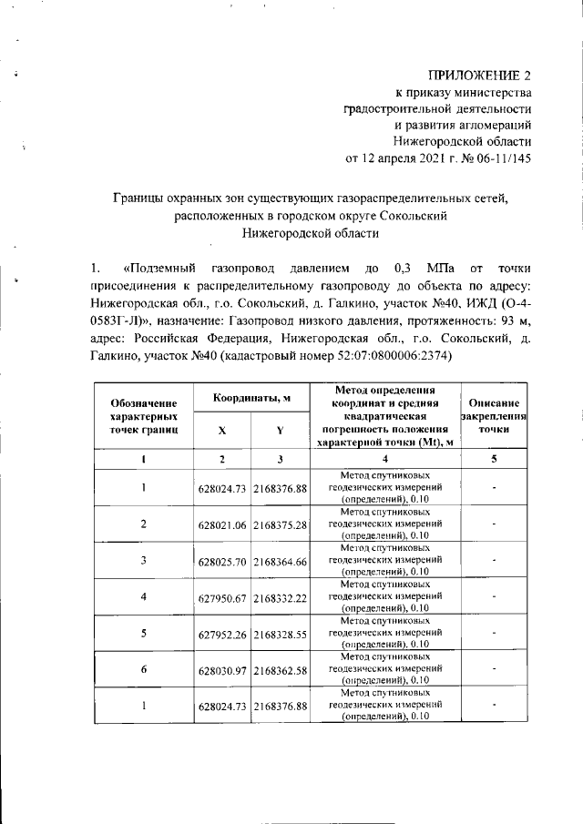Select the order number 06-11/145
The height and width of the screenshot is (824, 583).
[496, 158]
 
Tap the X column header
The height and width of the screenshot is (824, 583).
[222, 429]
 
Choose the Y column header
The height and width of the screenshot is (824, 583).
[280, 429]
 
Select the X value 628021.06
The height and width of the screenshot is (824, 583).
[222, 524]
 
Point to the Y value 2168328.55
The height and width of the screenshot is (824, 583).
[280, 633]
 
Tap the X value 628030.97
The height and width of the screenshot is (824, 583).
[222, 669]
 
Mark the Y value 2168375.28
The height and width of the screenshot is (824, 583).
[280, 524]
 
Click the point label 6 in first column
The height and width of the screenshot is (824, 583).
[144, 669]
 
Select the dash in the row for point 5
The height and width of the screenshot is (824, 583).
[492, 633]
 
